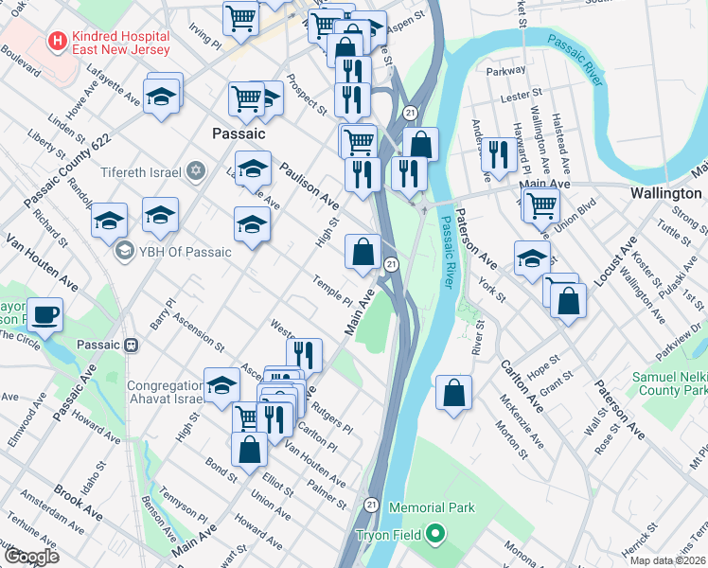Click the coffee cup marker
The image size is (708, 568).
pyautogui.click(x=44, y=313)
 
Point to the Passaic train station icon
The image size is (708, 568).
pyautogui.click(x=133, y=346)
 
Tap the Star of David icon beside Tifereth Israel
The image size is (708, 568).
pyautogui.click(x=196, y=172)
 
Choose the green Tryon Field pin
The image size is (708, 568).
pyautogui.click(x=435, y=535)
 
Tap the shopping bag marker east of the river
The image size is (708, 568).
pyautogui.click(x=454, y=392)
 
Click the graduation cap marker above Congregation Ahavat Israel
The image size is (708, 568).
pyautogui.click(x=221, y=385)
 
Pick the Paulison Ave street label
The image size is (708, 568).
pyautogui.click(x=309, y=186)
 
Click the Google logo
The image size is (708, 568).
pyautogui.click(x=31, y=557)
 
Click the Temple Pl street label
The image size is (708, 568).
pyautogui.click(x=333, y=289)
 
